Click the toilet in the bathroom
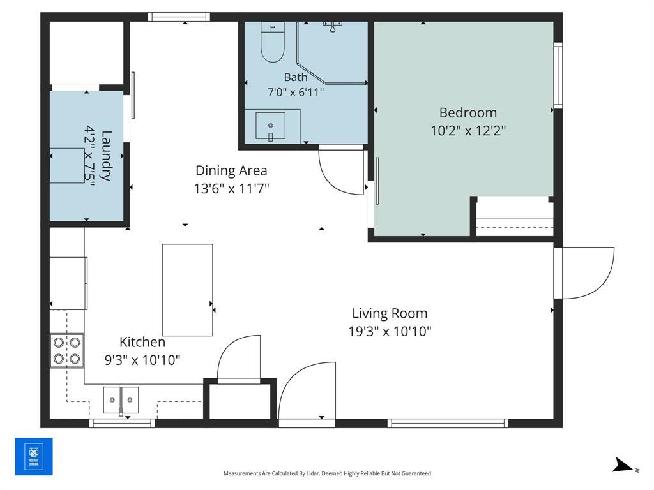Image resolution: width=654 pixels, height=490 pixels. (x=272, y=41)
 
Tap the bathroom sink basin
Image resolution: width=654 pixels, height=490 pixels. (x=270, y=126)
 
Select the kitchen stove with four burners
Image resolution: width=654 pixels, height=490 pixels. (x=66, y=350)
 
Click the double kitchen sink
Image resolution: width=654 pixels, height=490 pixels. (x=121, y=400)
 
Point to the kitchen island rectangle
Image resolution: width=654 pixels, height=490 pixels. (x=187, y=290)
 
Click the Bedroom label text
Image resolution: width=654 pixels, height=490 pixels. (x=468, y=112)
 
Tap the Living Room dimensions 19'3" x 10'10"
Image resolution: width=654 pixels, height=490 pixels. (x=390, y=331)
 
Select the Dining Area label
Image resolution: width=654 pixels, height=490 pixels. (x=231, y=170)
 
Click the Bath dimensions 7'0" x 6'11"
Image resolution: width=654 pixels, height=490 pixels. (x=296, y=92)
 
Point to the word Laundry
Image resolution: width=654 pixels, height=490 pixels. (x=107, y=156)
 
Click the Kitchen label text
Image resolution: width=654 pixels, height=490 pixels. (x=142, y=342)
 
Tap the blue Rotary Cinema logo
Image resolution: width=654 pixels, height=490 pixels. (x=34, y=456)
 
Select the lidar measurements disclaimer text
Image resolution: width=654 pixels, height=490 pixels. (x=328, y=473)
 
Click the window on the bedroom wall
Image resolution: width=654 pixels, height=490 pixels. (x=558, y=75)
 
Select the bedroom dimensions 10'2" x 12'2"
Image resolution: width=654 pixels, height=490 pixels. (x=468, y=130)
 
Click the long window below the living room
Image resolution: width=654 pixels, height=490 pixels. (x=448, y=424)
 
